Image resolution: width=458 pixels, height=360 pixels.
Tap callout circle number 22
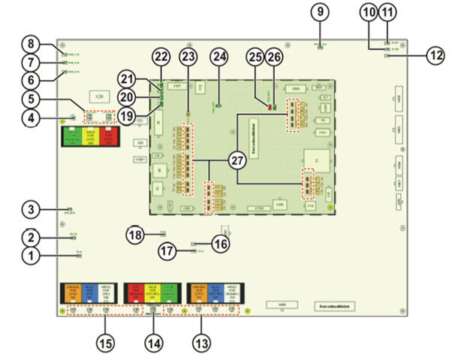161,57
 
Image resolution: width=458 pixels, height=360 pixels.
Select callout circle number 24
219,57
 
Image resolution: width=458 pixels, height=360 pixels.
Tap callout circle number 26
273,57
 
